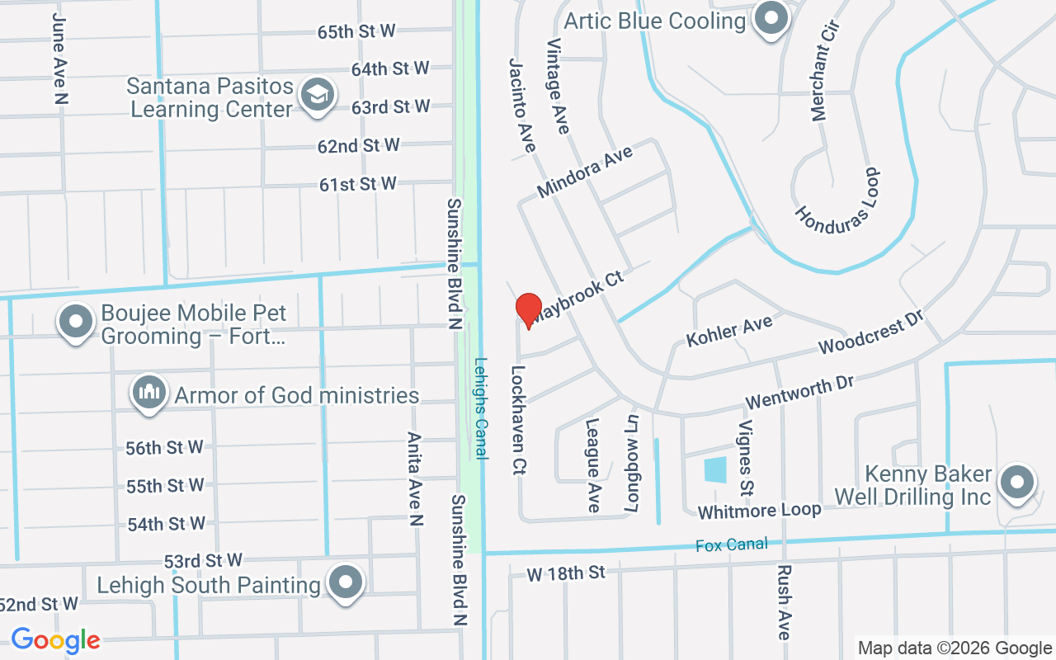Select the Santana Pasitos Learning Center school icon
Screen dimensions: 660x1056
click(x=316, y=96)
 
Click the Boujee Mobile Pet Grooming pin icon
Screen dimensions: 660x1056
click(x=76, y=323)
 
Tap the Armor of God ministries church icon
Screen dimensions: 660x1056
click(x=149, y=393)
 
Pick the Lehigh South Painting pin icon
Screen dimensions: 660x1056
click(x=346, y=583)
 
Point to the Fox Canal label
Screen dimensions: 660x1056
click(x=732, y=544)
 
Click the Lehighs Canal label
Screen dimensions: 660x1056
click(x=481, y=408)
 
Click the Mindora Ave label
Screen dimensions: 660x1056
click(x=585, y=172)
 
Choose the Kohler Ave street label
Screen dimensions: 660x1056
click(x=729, y=331)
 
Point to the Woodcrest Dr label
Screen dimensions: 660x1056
click(x=870, y=332)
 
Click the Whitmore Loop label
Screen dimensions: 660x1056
click(x=759, y=511)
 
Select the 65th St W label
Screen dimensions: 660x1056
click(x=356, y=31)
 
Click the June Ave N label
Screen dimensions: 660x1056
click(x=59, y=58)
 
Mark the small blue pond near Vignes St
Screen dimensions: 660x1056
click(x=715, y=470)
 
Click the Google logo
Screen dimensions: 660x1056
click(x=55, y=640)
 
